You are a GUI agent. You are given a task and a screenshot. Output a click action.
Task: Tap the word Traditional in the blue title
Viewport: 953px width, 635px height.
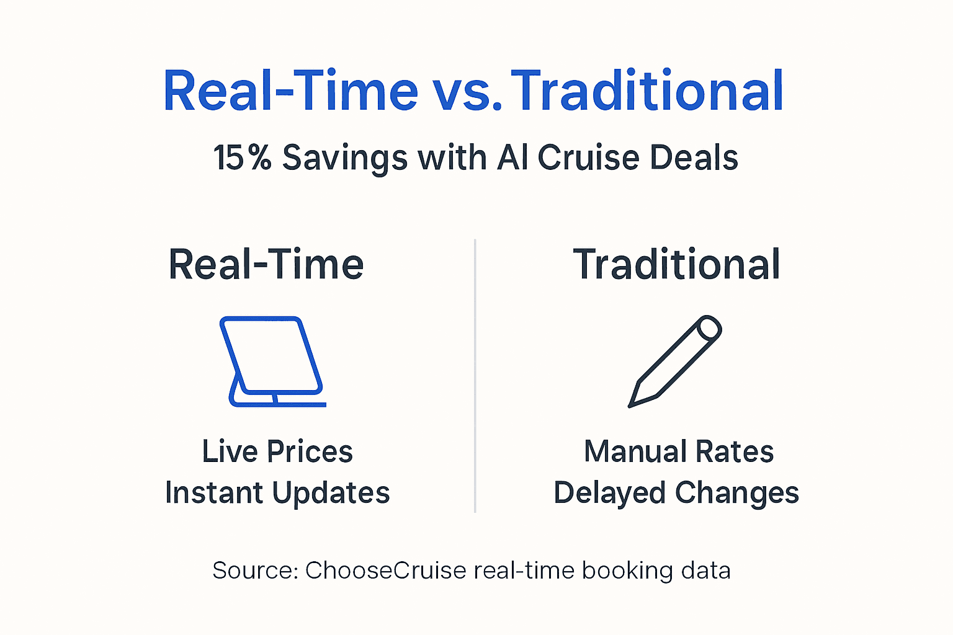coord(647,92)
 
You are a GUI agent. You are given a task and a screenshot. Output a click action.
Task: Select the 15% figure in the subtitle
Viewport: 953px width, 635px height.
coord(243,158)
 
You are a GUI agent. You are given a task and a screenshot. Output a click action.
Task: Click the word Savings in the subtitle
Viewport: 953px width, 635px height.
coord(345,158)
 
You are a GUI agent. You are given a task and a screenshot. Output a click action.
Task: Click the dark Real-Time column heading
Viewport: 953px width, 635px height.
coord(266,265)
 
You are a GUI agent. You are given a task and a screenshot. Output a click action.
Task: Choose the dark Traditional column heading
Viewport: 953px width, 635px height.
coord(676,265)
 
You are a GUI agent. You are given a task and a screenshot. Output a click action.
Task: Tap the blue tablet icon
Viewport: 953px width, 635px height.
coord(274,362)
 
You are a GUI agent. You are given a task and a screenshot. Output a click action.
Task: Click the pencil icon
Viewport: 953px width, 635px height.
coord(675,361)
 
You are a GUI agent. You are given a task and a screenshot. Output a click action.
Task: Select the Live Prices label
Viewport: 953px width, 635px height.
coord(277,451)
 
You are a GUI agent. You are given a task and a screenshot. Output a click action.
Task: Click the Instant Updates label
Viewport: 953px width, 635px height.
coord(277,493)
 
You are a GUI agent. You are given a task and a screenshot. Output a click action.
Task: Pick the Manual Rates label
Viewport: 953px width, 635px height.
coord(679,451)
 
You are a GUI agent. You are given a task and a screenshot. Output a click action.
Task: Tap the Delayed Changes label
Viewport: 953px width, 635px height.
coord(676,493)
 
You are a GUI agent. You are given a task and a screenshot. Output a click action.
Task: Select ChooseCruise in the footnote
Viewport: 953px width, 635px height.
coord(385,571)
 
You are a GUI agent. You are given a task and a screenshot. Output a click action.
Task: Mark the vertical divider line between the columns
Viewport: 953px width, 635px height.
coord(475,376)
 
